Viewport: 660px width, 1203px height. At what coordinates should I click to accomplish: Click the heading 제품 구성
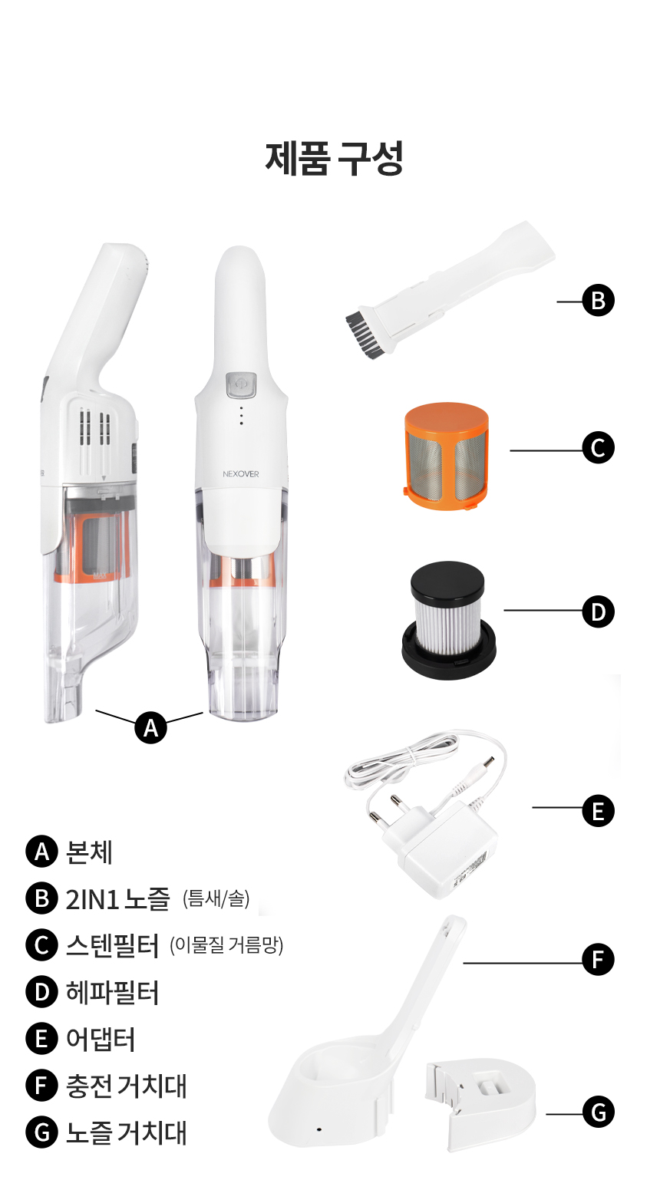coord(334,158)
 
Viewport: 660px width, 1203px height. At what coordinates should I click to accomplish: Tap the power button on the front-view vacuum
coord(241,386)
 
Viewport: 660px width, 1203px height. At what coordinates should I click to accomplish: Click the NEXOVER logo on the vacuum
coord(240,474)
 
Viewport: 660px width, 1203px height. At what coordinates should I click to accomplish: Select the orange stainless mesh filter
coord(446,456)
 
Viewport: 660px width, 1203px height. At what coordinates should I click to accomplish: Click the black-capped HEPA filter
coord(448,619)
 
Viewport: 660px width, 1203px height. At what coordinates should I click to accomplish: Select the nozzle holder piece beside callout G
coord(480,1104)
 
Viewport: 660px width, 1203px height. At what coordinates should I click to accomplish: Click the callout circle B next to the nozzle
coord(599,301)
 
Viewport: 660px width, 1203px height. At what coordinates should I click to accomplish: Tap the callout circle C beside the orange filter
coord(599,448)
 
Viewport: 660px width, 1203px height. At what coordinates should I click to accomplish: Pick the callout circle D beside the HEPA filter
coord(599,611)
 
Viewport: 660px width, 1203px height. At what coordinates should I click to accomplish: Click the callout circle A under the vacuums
coord(151,727)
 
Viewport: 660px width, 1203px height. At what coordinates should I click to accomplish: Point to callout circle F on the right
coord(599,960)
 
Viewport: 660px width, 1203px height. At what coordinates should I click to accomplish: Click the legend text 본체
coord(88,852)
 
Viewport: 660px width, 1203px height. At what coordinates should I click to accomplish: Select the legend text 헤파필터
coord(112,993)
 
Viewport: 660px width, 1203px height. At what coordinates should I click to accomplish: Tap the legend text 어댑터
coord(100,1039)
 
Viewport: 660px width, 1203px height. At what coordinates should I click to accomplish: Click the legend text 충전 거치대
coord(126,1086)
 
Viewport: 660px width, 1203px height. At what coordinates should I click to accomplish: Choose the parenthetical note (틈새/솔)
coord(216,898)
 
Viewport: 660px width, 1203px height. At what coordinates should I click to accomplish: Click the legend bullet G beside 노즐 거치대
coord(41,1132)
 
